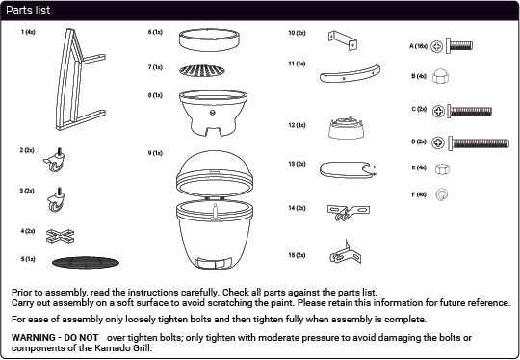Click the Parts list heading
[x=28, y=11]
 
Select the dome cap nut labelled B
[x=440, y=76]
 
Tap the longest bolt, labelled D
[x=479, y=143]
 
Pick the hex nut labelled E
[x=442, y=168]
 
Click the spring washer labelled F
[x=442, y=194]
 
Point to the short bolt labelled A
[x=459, y=45]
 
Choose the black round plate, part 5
[x=86, y=263]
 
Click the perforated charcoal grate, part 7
[x=202, y=70]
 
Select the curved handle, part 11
[x=350, y=74]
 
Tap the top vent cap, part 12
[x=346, y=128]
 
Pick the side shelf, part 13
[x=348, y=169]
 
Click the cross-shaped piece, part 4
[x=60, y=236]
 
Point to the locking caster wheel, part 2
[x=55, y=161]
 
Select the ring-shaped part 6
[x=209, y=39]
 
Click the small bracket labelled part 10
[x=343, y=40]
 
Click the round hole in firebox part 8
[x=213, y=113]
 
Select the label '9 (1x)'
[x=155, y=153]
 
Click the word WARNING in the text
[x=33, y=338]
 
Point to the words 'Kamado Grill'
[x=122, y=348]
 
